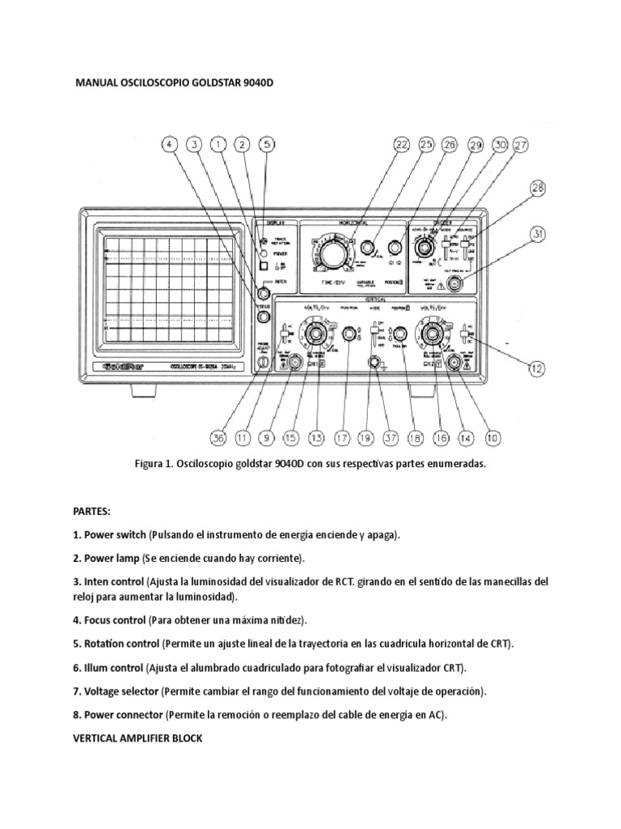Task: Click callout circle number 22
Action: (x=402, y=145)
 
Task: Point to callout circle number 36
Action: (x=218, y=438)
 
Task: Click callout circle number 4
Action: (x=169, y=145)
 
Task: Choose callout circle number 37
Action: (x=391, y=438)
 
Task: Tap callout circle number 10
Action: (x=492, y=438)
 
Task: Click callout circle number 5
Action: (x=266, y=145)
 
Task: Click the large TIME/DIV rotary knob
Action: (x=331, y=255)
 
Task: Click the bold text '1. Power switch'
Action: (x=110, y=536)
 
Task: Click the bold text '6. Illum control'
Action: (x=108, y=668)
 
